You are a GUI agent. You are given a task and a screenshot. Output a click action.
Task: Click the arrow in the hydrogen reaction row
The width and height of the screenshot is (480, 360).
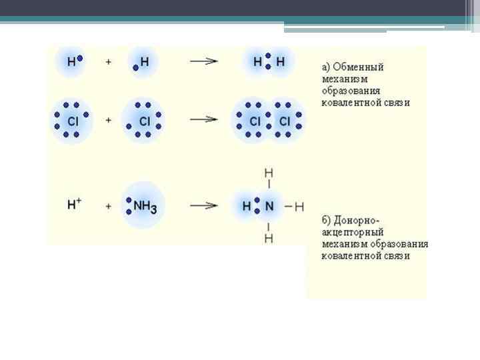click(x=204, y=61)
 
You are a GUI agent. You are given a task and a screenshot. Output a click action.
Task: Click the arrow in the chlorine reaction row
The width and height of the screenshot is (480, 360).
click(x=204, y=120)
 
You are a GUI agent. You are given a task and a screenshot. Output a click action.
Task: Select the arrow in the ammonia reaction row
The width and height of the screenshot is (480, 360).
click(x=204, y=206)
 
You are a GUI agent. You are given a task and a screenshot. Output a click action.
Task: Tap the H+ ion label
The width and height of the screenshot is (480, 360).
click(x=74, y=205)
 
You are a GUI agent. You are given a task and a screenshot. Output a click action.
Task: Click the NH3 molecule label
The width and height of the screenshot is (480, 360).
click(x=145, y=207)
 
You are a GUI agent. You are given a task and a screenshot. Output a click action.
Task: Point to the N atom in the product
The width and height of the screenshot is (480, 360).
click(x=269, y=207)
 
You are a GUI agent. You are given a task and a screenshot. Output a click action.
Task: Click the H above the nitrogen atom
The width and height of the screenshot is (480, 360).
click(x=269, y=173)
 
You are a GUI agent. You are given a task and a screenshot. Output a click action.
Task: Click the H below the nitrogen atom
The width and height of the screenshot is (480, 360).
click(x=269, y=239)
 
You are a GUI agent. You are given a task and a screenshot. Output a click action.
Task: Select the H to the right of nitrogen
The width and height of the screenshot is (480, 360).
click(x=299, y=207)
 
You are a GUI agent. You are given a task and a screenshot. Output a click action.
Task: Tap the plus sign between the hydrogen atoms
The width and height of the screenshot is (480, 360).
click(x=108, y=62)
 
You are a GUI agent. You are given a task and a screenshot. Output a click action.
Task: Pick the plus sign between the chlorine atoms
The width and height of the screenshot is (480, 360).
click(x=108, y=121)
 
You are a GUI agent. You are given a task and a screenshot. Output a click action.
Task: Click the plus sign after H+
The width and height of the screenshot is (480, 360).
click(x=108, y=207)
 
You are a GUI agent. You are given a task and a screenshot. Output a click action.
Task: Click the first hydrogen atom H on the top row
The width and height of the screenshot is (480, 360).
click(x=71, y=62)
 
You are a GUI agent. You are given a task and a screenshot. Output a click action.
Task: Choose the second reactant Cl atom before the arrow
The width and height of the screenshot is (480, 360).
click(x=144, y=122)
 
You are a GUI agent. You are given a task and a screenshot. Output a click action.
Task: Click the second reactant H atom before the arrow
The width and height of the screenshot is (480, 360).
click(x=145, y=62)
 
